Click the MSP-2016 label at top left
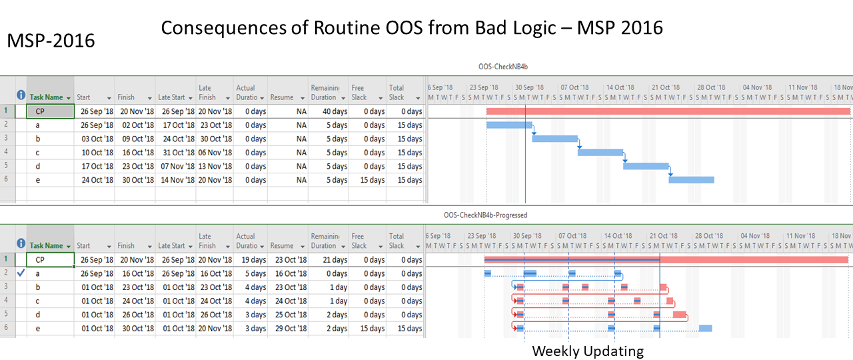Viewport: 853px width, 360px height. [x=51, y=41]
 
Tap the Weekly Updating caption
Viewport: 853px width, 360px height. [x=587, y=351]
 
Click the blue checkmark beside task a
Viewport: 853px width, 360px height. [x=21, y=273]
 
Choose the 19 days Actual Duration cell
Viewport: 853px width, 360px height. [x=251, y=260]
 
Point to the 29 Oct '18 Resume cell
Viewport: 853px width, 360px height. [x=289, y=328]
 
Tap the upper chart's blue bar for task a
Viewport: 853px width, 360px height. [x=509, y=125]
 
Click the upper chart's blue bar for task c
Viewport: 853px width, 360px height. [x=600, y=152]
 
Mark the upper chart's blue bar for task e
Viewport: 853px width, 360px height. [x=691, y=179]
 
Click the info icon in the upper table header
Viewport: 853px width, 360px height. [x=21, y=95]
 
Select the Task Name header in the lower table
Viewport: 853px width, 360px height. [x=47, y=246]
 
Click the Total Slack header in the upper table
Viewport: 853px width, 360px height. [x=397, y=92]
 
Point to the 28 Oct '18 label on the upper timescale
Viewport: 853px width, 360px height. [x=710, y=87]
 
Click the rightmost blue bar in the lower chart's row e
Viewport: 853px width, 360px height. [x=705, y=328]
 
